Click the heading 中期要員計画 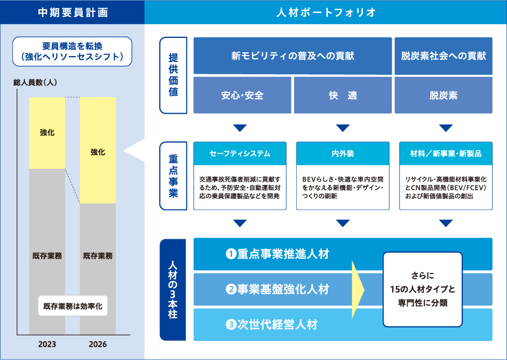pos(73,12)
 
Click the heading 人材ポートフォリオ pos(326,12)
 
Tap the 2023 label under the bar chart pos(47,345)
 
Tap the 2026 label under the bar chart pos(98,345)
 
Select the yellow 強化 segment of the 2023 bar pos(47,133)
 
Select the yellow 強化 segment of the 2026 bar pos(98,152)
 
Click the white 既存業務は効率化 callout pos(72,307)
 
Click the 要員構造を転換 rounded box pos(72,51)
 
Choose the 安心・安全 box pos(242,96)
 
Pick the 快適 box pos(343,96)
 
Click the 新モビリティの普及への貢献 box pos(292,56)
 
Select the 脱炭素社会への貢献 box pos(443,56)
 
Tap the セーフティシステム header pos(240,154)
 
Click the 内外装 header pos(343,154)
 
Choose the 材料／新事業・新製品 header pos(446,154)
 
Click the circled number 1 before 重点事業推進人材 pos(231,254)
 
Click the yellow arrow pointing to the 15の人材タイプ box pos(357,289)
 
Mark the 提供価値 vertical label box pos(173,75)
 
